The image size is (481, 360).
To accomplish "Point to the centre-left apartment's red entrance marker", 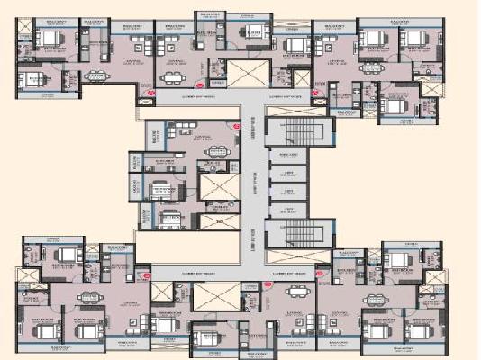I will tap(236, 127).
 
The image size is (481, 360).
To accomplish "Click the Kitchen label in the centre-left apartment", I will tap(163, 162).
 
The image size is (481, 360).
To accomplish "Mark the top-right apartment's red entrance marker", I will tap(314, 92).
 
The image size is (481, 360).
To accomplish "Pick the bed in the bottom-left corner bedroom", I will tap(47, 330).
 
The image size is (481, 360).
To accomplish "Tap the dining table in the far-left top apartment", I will tap(95, 76).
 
